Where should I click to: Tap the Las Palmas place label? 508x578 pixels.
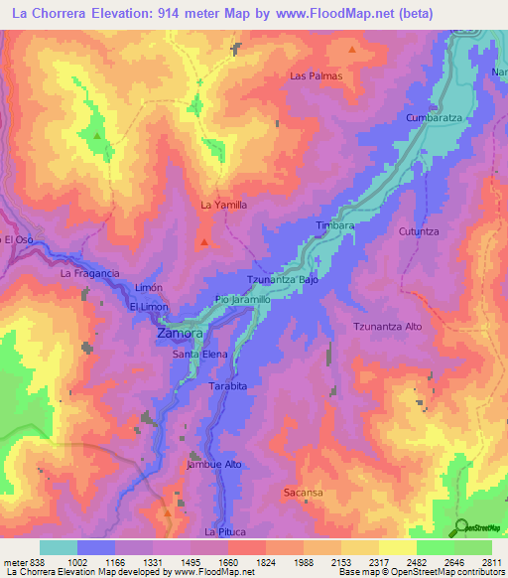316,75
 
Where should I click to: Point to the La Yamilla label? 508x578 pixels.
223,205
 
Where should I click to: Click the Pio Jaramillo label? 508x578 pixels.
242,299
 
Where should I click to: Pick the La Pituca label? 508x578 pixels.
224,532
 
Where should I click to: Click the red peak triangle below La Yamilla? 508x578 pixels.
204,240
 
